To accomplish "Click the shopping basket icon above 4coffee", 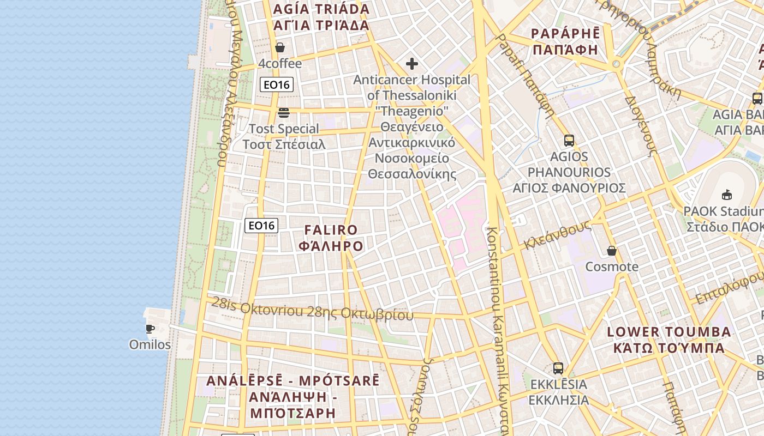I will [280, 48].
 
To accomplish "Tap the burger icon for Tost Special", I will [283, 113].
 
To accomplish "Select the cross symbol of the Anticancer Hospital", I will [412, 64].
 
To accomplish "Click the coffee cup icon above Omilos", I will [150, 329].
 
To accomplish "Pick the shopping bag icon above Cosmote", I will [612, 251].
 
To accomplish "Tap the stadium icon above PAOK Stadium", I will [727, 195].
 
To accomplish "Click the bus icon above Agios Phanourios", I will [569, 141].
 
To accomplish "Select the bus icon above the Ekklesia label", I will [558, 368].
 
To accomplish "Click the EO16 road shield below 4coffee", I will [277, 84].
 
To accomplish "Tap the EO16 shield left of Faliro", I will [261, 226].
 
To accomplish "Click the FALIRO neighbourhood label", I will [331, 238].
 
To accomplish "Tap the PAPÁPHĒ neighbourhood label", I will [565, 41].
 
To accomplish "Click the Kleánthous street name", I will [557, 235].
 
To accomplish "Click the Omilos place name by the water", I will [150, 345].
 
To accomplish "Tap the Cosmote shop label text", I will [612, 267].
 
